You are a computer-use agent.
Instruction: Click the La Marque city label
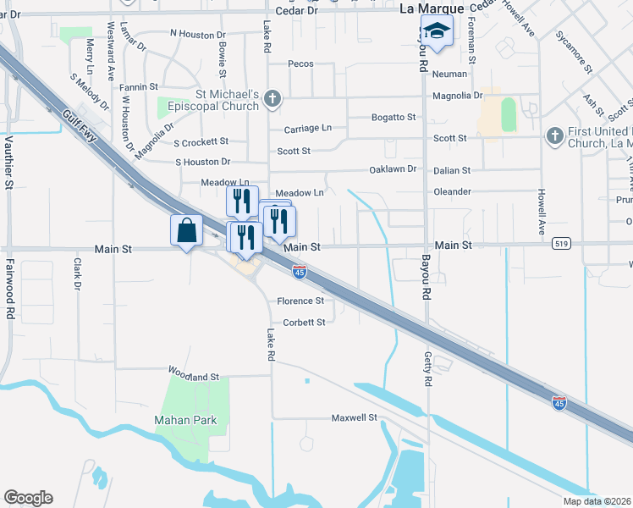point(432,8)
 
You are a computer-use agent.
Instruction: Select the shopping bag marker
point(187,230)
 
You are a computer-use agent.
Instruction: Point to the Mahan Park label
point(185,420)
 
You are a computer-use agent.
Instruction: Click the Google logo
point(28,498)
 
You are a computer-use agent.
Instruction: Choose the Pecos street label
point(300,64)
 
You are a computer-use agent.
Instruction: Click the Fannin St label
point(139,86)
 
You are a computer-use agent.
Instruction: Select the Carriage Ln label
point(308,128)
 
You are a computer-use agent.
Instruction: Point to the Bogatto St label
point(394,117)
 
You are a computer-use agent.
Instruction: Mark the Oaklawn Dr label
point(394,169)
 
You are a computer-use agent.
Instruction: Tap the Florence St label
point(300,301)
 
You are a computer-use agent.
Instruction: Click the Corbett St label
point(304,323)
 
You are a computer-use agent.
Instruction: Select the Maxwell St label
point(354,417)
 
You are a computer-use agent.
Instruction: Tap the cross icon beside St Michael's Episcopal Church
point(272,98)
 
